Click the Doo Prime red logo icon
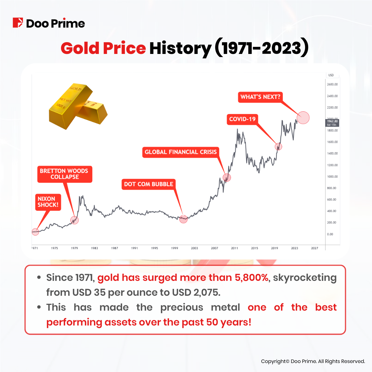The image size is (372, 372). pos(18,23)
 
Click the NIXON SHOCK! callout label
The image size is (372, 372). pos(48,202)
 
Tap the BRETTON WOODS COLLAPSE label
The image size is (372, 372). pos(64,174)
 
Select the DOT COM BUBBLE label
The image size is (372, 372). pos(148,184)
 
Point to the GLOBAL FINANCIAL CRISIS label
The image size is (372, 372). pos(181,152)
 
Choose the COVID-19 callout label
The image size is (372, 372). pos(242,119)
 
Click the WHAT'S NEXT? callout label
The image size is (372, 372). pos(260,97)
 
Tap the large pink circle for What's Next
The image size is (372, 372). pos(303,118)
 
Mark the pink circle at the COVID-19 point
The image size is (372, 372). pos(278,146)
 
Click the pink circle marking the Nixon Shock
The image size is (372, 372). pos(35,232)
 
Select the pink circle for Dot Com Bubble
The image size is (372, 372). pos(184,219)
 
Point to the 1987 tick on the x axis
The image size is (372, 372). pos(114,248)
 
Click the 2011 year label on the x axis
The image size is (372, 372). pos(234,248)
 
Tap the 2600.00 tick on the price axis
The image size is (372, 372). pos(332,84)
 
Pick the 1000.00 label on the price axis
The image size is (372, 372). pos(332,177)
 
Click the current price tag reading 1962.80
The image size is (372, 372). pos(332,123)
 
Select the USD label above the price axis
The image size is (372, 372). pos(331,75)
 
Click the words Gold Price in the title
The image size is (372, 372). pos(103,48)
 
